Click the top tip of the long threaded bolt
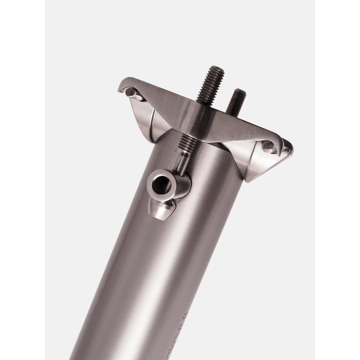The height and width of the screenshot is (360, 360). coord(217,69)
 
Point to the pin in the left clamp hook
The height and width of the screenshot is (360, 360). coord(129,92)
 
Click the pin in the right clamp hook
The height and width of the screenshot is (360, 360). coord(269,147)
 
